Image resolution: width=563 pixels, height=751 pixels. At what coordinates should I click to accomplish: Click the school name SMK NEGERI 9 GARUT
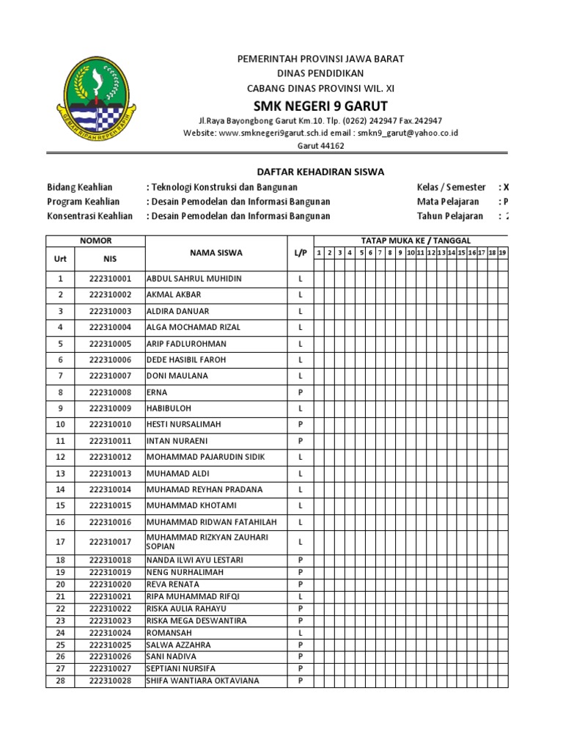coord(320,105)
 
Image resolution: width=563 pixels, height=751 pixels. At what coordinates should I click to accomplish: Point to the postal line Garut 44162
coord(320,146)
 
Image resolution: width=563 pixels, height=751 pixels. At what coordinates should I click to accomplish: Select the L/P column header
coord(300,253)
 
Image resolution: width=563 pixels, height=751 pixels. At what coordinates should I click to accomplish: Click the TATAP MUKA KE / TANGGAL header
coord(416,241)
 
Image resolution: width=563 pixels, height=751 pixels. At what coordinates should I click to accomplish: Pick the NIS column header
coord(109,259)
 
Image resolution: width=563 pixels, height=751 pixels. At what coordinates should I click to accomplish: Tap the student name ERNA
coord(158,392)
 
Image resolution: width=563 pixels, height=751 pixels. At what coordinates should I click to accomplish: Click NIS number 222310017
coord(109,543)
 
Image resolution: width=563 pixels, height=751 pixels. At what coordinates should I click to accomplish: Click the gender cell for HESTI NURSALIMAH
coord(300,425)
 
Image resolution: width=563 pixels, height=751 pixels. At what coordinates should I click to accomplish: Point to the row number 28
coord(60,681)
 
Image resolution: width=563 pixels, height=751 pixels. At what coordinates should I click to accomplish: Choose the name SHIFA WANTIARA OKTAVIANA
coord(203,681)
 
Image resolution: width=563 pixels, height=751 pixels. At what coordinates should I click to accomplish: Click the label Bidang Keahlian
coord(80,187)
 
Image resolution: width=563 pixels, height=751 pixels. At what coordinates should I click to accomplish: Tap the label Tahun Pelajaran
coord(449,216)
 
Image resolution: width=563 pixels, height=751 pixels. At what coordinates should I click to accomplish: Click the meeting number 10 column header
coord(411,253)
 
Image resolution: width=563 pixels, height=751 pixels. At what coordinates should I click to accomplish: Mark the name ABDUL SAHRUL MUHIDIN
coord(194,279)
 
